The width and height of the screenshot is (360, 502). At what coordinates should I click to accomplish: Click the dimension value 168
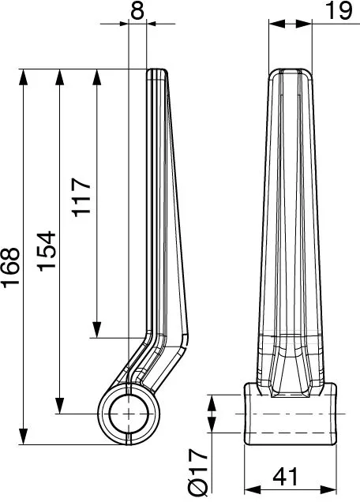[11, 267]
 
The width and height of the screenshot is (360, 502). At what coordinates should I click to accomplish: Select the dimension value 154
[47, 251]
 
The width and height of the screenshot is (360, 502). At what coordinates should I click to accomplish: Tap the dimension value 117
[81, 197]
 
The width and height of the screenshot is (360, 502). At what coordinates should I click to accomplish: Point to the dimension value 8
[137, 11]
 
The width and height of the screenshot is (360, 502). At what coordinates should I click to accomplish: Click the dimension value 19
[339, 11]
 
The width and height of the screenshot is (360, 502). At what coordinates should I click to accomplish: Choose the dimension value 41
[285, 477]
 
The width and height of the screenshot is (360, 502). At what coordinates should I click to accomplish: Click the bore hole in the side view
[129, 414]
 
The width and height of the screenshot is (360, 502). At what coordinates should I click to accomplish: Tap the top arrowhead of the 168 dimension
[24, 77]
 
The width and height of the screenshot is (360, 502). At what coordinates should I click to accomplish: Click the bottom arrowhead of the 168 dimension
[24, 436]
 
